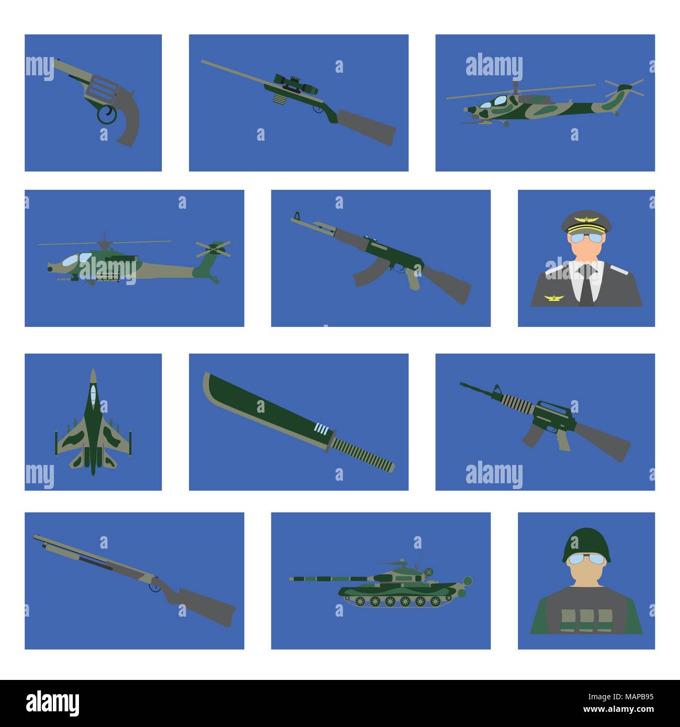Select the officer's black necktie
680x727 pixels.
coord(587,285)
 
